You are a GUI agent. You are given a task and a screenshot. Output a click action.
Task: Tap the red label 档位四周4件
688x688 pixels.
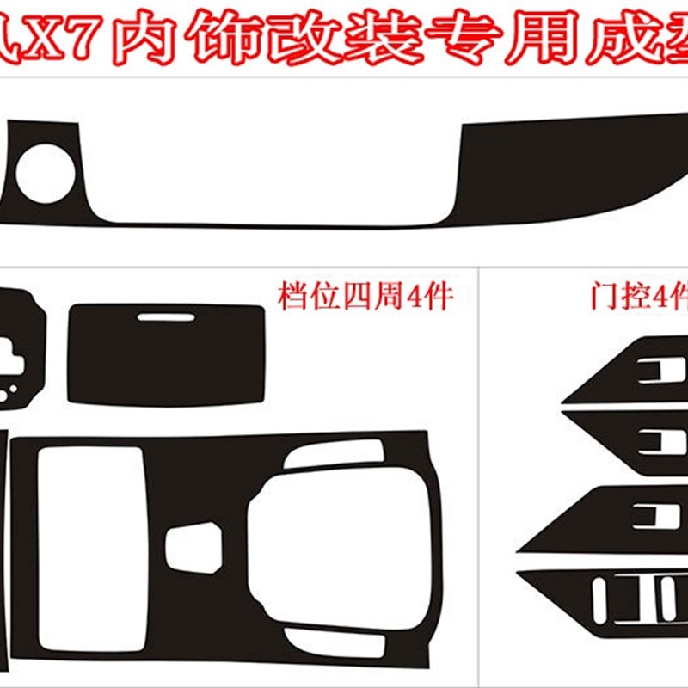click(x=365, y=298)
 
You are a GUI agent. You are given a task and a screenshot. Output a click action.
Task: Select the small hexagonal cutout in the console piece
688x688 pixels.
click(x=193, y=547)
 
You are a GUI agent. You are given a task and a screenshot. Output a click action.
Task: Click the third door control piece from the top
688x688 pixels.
click(x=602, y=519)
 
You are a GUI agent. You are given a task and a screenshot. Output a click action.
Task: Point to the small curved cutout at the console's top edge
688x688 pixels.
click(x=334, y=453)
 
